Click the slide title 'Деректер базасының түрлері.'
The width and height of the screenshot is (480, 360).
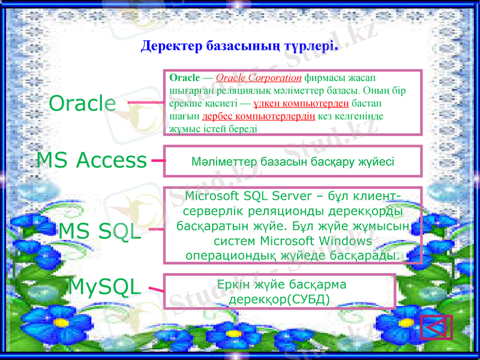pos(239,46)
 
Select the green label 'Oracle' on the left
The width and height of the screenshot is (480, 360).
pos(82,103)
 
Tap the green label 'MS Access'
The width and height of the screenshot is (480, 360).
pos(91,160)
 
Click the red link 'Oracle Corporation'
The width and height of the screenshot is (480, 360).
pos(258,77)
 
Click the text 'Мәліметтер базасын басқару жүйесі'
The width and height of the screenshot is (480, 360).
pos(292,163)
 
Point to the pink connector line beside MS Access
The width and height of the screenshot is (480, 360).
pos(157,160)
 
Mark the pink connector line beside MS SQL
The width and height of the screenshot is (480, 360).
pos(155,229)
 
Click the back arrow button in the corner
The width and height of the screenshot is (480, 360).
pos(436,328)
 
